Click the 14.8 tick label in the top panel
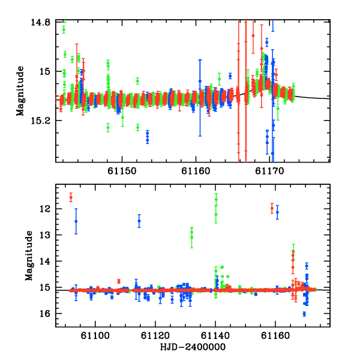(40, 23)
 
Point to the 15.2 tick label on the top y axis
(40, 121)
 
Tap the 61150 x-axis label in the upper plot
(122, 171)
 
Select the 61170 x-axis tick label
(269, 171)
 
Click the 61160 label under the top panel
(196, 171)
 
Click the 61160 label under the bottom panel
(275, 336)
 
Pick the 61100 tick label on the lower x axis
(95, 336)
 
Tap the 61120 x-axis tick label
(155, 336)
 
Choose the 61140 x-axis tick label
(215, 336)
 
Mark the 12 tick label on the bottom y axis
(45, 209)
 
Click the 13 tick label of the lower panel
(45, 235)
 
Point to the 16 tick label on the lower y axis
(45, 314)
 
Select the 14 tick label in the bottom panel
(45, 261)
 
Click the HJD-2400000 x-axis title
(193, 347)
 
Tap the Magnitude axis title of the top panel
(20, 91)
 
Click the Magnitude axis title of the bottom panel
(29, 256)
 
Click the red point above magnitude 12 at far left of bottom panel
(71, 197)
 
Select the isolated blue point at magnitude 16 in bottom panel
(304, 314)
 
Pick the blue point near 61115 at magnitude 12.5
(139, 221)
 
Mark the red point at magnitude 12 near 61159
(272, 208)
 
